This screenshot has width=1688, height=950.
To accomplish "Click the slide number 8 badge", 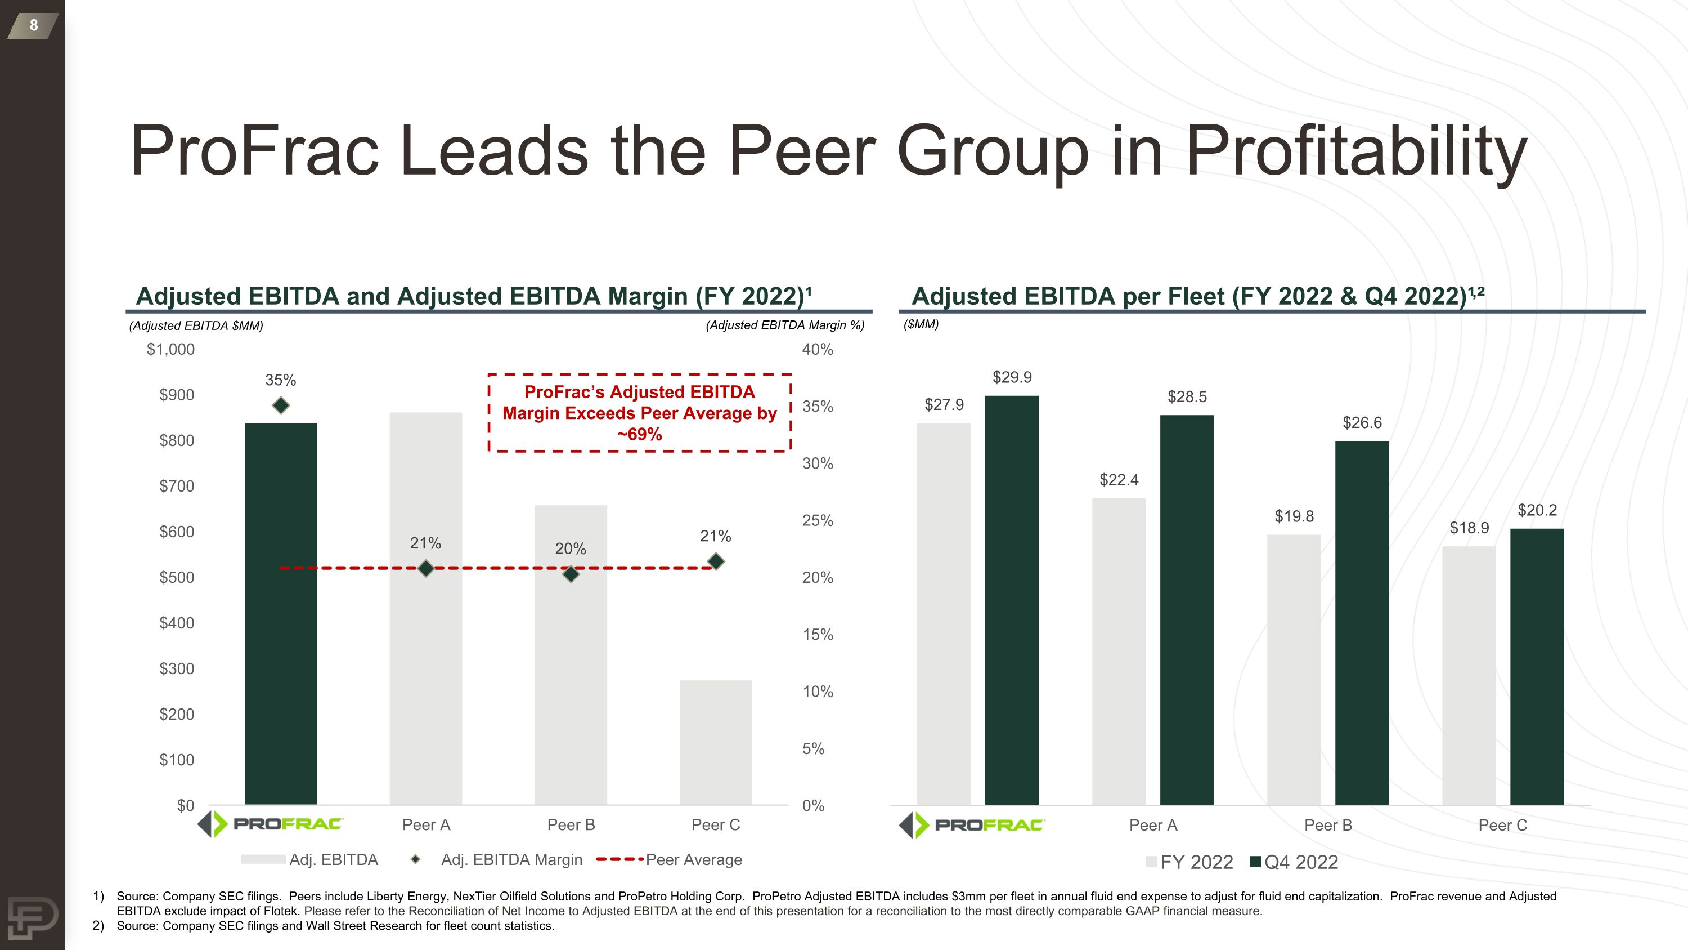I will pyautogui.click(x=33, y=25).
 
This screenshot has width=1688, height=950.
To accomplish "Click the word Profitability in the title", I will pyautogui.click(x=1357, y=152).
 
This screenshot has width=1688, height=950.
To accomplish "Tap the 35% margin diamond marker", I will pyautogui.click(x=281, y=406).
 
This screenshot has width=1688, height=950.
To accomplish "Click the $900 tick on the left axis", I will pyautogui.click(x=177, y=395).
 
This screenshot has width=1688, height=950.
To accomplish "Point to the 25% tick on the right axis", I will pyautogui.click(x=818, y=520).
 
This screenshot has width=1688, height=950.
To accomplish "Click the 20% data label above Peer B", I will pyautogui.click(x=570, y=548).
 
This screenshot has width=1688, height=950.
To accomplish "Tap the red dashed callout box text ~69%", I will pyautogui.click(x=640, y=435).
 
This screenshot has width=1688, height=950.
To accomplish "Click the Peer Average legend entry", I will pyautogui.click(x=693, y=859).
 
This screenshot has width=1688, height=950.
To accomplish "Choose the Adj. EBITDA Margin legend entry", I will pyautogui.click(x=511, y=859).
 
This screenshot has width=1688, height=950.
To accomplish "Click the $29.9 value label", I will pyautogui.click(x=1012, y=377).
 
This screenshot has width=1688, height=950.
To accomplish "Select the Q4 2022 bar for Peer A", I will pyautogui.click(x=1187, y=609).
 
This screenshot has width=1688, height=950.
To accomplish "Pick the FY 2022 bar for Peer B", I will pyautogui.click(x=1294, y=669).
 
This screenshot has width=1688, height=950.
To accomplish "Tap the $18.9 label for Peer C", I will pyautogui.click(x=1469, y=528).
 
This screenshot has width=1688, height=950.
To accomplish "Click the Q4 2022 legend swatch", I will pyautogui.click(x=1255, y=862).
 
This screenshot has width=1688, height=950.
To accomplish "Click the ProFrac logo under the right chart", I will pyautogui.click(x=973, y=825).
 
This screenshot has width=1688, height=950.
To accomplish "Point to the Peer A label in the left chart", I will pyautogui.click(x=426, y=825).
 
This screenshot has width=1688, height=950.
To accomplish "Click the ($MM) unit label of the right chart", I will pyautogui.click(x=921, y=324).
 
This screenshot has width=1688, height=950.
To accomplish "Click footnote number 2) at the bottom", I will pyautogui.click(x=99, y=926).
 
